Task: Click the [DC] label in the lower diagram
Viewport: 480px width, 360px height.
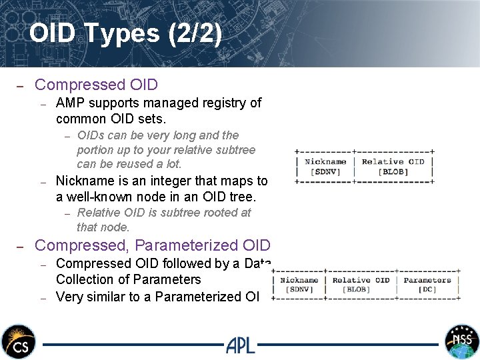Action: click(x=427, y=289)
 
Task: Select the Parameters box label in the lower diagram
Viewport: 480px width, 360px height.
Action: click(x=427, y=281)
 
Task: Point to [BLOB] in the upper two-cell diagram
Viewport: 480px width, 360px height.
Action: click(x=393, y=171)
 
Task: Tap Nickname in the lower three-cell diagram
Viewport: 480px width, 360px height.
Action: click(x=299, y=281)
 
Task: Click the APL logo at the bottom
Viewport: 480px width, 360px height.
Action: click(x=240, y=344)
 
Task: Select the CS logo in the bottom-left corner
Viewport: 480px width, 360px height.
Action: click(x=18, y=341)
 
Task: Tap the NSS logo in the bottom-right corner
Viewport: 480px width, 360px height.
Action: click(x=461, y=341)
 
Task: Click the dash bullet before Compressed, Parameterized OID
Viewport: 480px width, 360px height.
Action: click(x=20, y=246)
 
